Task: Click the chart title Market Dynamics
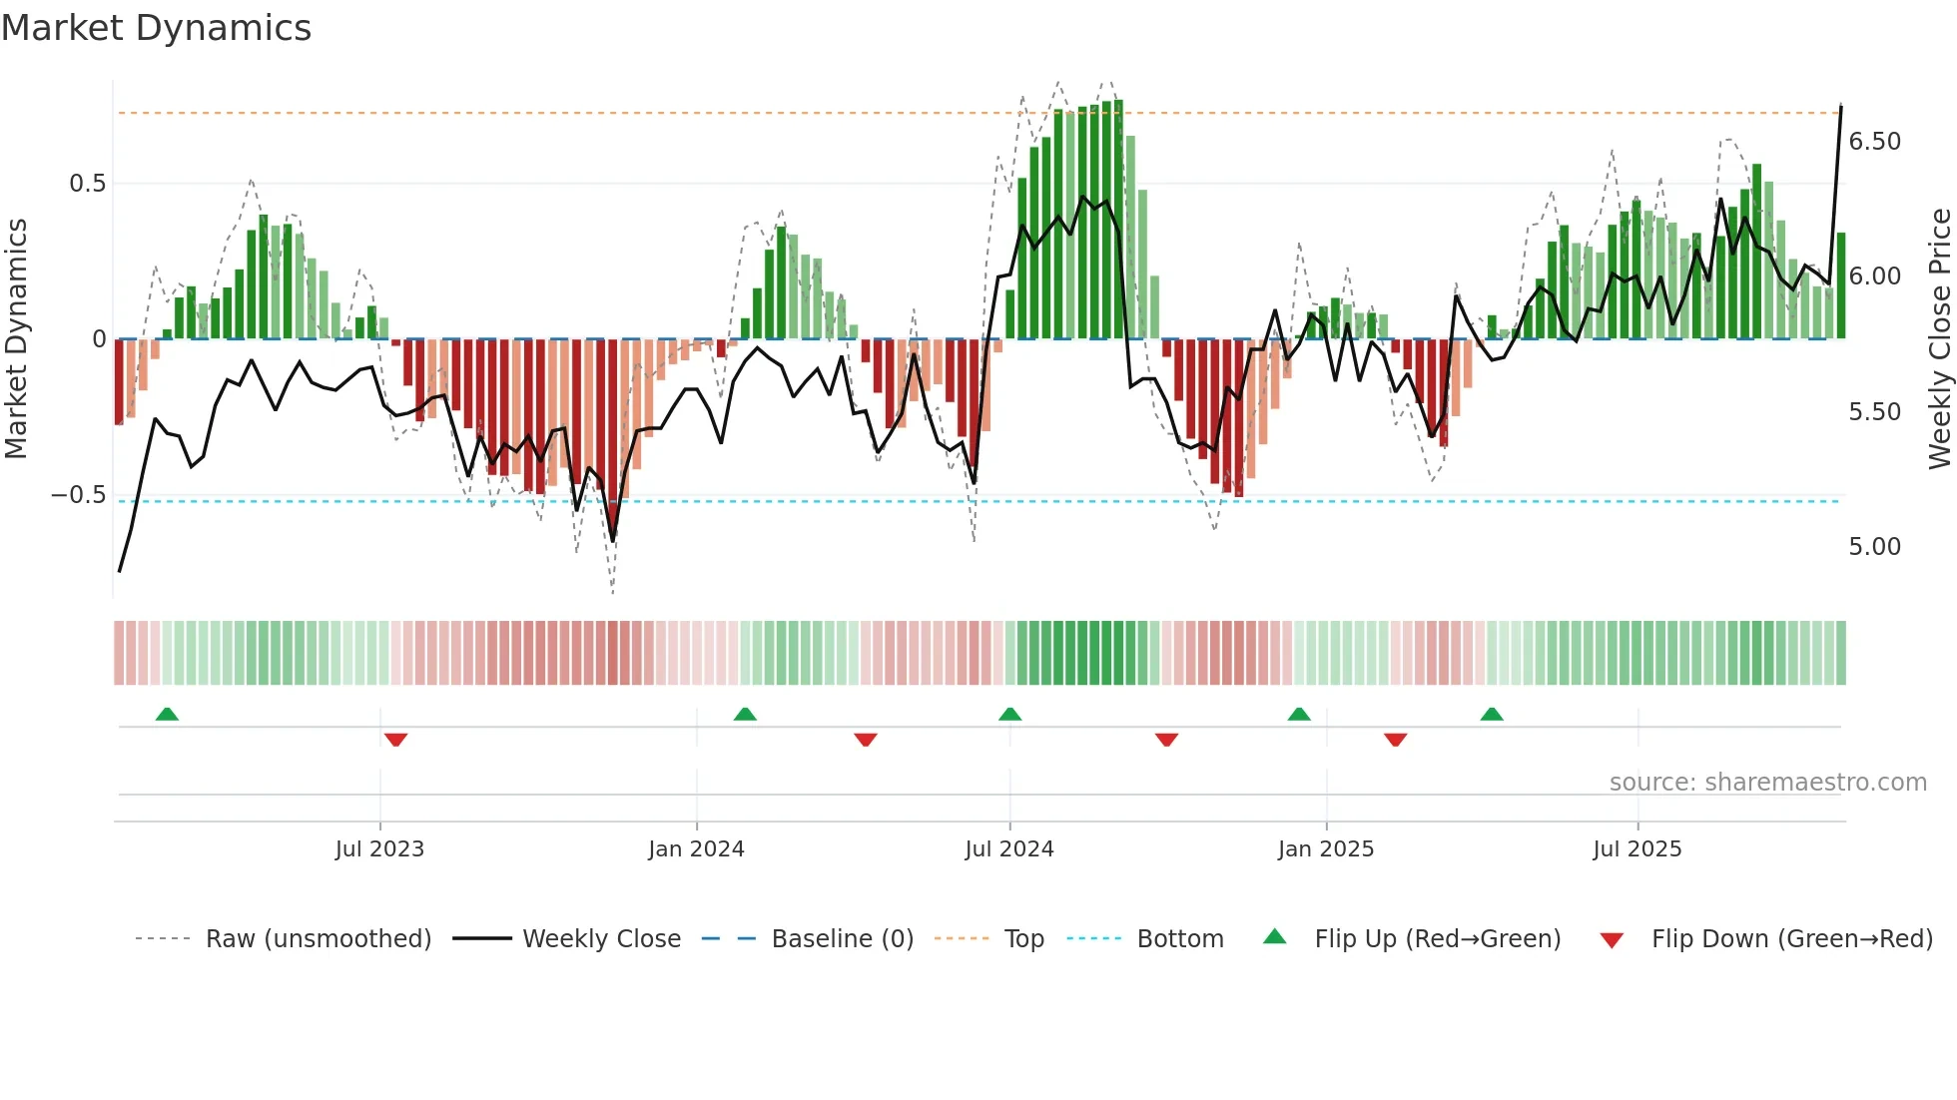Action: (x=156, y=28)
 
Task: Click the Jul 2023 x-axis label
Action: (x=379, y=849)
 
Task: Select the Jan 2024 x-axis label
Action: (x=696, y=849)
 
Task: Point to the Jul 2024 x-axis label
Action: (x=1009, y=849)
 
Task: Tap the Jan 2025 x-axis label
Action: (x=1326, y=849)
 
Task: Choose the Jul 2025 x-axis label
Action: (x=1637, y=849)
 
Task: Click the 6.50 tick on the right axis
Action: (x=1875, y=142)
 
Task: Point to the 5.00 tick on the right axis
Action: (x=1875, y=547)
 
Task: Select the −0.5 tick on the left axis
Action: (x=79, y=495)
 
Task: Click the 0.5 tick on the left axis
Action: (x=87, y=184)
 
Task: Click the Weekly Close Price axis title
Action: (x=1939, y=339)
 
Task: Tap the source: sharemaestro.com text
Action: (x=1767, y=783)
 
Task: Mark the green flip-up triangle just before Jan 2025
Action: (x=1299, y=715)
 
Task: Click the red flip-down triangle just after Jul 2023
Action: (x=395, y=740)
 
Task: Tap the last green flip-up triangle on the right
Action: (x=1492, y=715)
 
